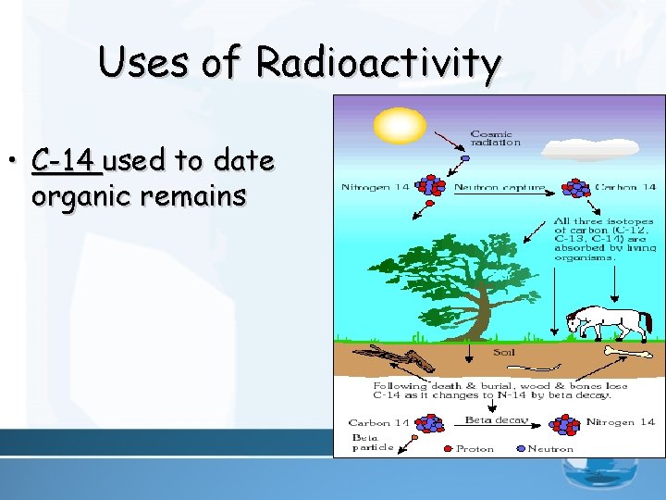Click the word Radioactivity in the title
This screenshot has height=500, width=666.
(x=379, y=62)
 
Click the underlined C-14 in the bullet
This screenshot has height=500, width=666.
(x=66, y=161)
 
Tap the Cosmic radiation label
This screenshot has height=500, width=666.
(x=495, y=137)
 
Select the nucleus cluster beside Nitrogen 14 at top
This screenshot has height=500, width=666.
(x=431, y=186)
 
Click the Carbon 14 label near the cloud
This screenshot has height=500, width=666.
(x=625, y=187)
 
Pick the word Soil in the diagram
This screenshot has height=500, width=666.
(x=503, y=353)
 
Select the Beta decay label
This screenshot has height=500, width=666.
(x=496, y=419)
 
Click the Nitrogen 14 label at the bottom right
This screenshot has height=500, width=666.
(x=621, y=422)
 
